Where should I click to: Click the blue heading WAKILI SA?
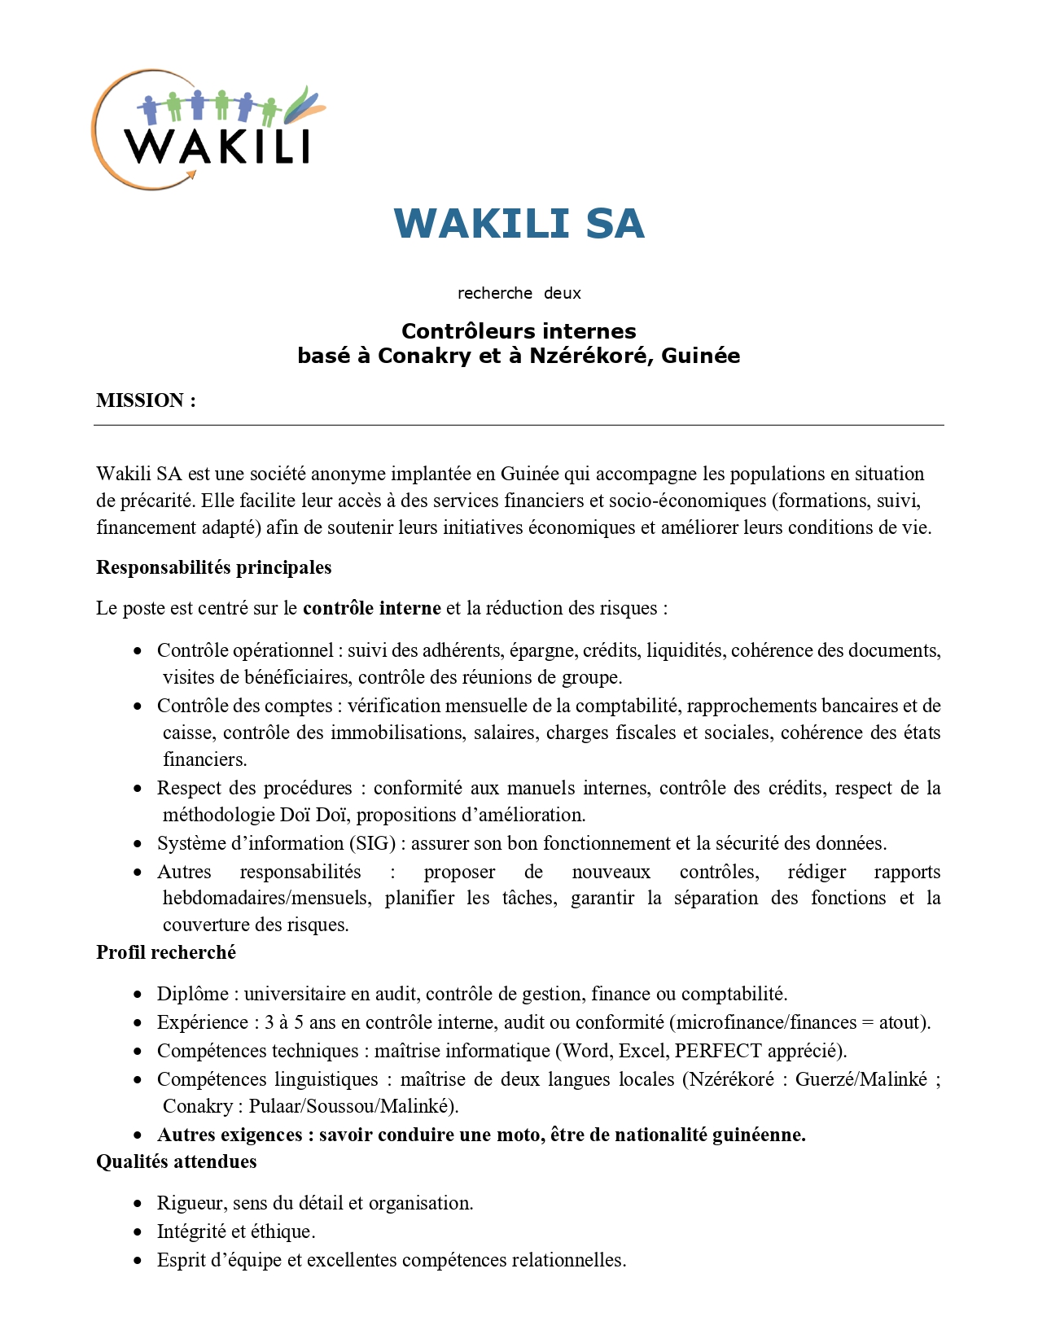519,224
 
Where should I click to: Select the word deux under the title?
563,293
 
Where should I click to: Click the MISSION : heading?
146,400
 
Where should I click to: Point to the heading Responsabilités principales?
213,567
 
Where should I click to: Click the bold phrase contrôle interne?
372,608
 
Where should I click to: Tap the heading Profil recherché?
166,952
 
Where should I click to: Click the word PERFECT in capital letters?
718,1051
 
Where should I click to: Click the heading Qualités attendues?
177,1161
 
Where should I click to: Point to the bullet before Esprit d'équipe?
138,1261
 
